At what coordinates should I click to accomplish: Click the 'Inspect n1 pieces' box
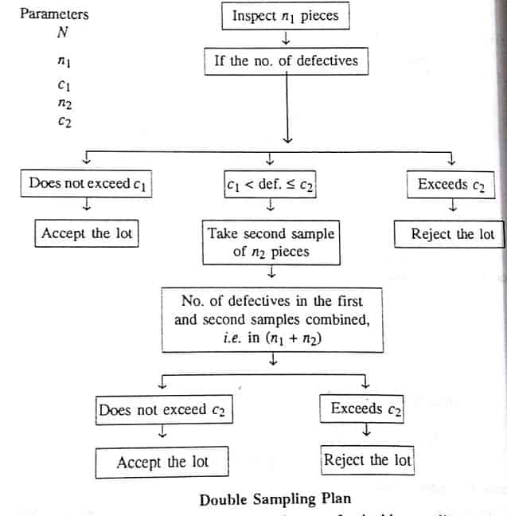[284, 16]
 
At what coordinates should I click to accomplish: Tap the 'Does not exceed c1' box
[87, 184]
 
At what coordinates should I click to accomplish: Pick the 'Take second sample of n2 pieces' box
[271, 243]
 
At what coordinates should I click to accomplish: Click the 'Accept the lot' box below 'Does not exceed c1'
[87, 233]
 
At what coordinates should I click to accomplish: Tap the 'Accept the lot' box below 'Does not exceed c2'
[162, 462]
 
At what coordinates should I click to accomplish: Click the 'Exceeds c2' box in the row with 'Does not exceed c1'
[450, 184]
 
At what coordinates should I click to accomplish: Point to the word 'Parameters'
[54, 14]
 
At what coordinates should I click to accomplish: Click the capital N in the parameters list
[62, 33]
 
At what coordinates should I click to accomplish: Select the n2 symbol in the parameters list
[64, 104]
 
